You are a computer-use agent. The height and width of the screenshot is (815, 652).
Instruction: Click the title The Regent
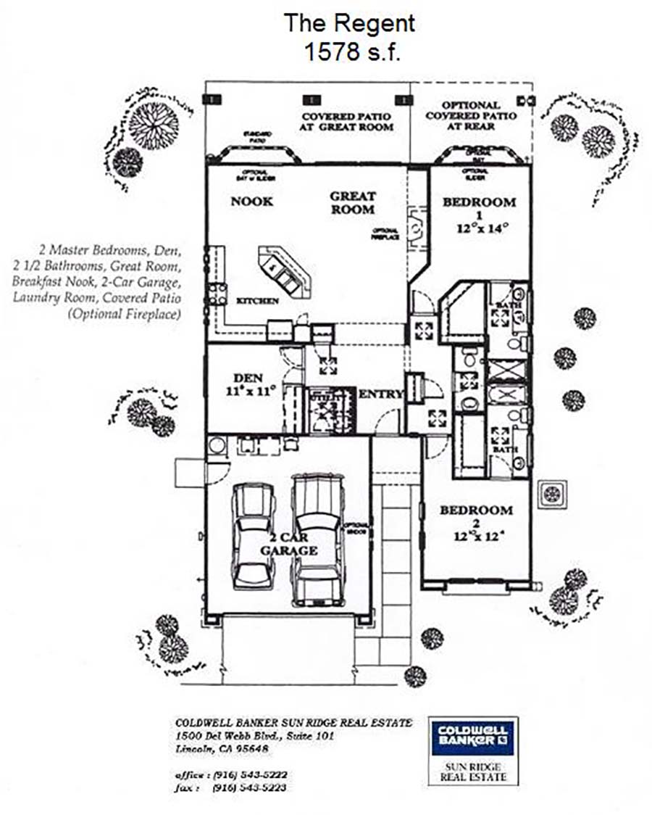(x=348, y=22)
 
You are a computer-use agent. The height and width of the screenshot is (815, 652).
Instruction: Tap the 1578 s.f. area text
(x=348, y=53)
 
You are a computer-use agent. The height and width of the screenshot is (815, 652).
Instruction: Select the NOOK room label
(x=252, y=201)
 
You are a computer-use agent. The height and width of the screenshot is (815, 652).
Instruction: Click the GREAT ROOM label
(x=353, y=202)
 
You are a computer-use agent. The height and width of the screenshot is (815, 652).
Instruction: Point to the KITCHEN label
(x=259, y=301)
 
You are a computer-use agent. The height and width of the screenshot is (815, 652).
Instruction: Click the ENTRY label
(x=380, y=394)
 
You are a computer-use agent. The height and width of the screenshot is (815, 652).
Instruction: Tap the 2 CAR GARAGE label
(x=289, y=544)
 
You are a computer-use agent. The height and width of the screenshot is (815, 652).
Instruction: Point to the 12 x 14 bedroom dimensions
(x=481, y=228)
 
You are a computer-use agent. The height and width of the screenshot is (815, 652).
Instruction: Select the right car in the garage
(x=317, y=537)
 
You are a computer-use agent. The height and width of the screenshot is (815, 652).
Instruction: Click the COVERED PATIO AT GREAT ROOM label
(x=347, y=121)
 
